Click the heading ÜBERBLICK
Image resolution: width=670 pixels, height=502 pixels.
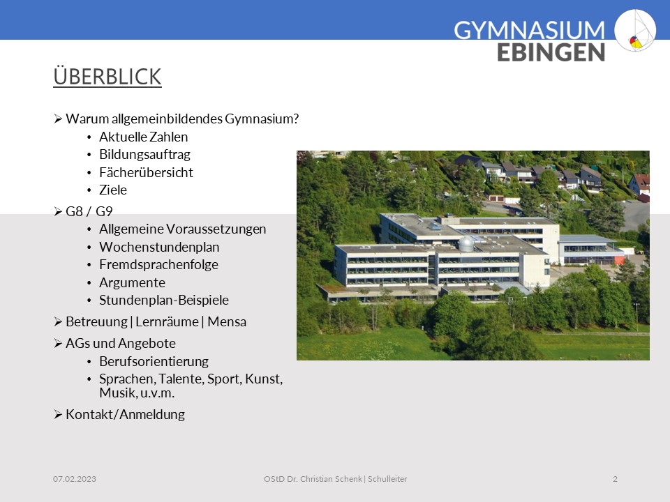coord(107,77)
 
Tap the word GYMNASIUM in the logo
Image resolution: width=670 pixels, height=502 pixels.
coord(529,30)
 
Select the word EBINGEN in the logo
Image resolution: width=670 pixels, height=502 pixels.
coord(551,52)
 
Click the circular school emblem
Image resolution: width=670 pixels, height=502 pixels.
coord(635,31)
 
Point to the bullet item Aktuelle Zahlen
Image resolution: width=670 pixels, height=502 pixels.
coord(144,137)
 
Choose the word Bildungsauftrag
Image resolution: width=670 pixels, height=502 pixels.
coord(145,155)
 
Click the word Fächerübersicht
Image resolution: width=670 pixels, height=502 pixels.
coord(146,172)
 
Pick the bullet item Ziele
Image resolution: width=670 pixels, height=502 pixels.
coord(113,190)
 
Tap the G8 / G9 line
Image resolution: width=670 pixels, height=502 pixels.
coord(89,211)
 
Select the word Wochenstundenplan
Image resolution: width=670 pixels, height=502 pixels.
coord(159,247)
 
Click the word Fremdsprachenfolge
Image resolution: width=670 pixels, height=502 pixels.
coord(158,265)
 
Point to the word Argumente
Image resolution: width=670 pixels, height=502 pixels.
coord(132,282)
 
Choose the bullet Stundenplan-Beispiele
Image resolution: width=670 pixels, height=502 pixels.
coord(164,300)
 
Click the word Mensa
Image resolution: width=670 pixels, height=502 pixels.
coord(227,321)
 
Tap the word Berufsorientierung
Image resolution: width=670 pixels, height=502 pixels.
coord(154,362)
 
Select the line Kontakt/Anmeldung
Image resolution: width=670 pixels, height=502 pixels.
coord(125,414)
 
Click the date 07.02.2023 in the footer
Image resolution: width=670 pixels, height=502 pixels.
coord(75,479)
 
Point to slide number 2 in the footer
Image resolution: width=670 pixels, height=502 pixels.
coord(615,479)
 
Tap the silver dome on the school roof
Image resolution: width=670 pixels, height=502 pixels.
coord(466,244)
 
